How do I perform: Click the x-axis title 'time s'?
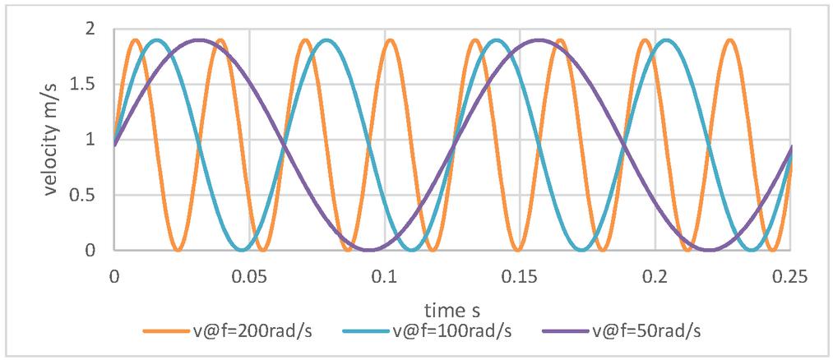451,310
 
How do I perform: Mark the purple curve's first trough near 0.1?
368,250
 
